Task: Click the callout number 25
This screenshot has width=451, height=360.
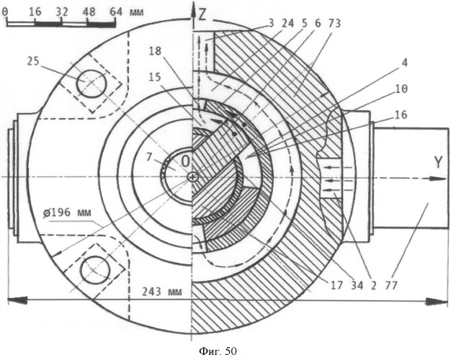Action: click(x=33, y=61)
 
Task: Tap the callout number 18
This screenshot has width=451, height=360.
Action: click(x=155, y=51)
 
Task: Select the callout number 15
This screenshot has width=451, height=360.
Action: click(x=155, y=77)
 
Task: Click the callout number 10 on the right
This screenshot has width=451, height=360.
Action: click(x=401, y=89)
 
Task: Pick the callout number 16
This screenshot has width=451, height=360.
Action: click(x=401, y=114)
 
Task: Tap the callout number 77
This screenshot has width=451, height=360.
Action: click(x=391, y=285)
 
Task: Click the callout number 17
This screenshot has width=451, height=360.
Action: click(x=336, y=285)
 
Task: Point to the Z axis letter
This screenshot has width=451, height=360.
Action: click(x=202, y=14)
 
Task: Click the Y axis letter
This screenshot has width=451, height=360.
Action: click(x=438, y=163)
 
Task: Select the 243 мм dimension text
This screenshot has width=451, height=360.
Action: click(x=162, y=292)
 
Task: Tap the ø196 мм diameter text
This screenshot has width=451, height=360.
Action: click(x=67, y=212)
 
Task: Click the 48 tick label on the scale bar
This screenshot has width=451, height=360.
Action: click(x=89, y=12)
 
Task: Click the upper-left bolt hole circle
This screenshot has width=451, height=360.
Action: click(x=91, y=84)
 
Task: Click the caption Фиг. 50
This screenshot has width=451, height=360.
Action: click(x=218, y=351)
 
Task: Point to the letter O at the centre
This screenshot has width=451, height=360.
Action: click(x=186, y=161)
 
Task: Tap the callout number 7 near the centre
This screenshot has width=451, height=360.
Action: click(x=148, y=157)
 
